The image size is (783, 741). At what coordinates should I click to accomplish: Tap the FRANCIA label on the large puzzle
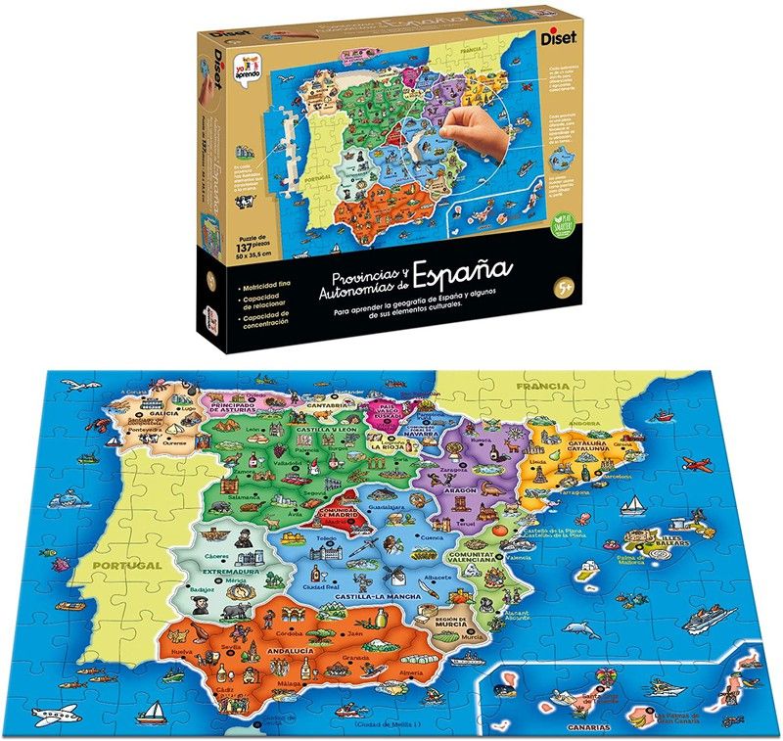pyautogui.click(x=544, y=386)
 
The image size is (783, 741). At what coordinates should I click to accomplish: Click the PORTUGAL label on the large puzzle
pyautogui.click(x=122, y=566)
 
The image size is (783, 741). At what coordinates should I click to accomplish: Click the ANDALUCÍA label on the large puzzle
pyautogui.click(x=286, y=650)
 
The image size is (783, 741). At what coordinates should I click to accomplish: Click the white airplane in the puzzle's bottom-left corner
pyautogui.click(x=56, y=712)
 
